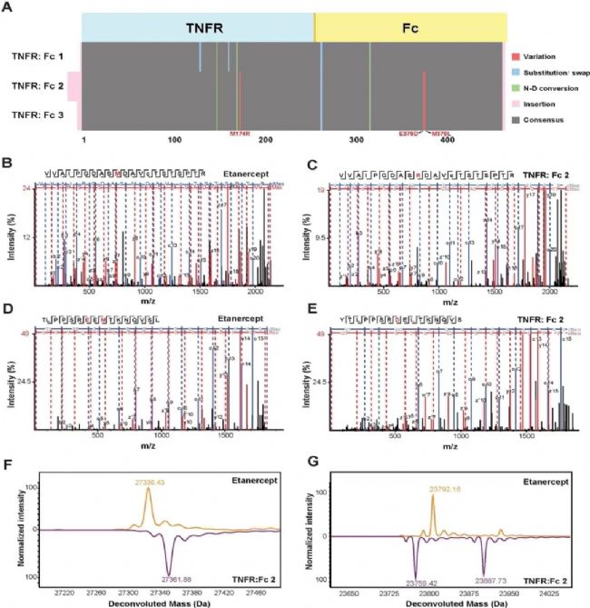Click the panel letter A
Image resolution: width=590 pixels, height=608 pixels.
click(7, 6)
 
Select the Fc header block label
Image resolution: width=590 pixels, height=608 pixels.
click(410, 28)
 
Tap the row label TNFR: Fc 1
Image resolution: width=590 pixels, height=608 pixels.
click(37, 57)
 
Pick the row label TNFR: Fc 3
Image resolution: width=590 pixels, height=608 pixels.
click(37, 114)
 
